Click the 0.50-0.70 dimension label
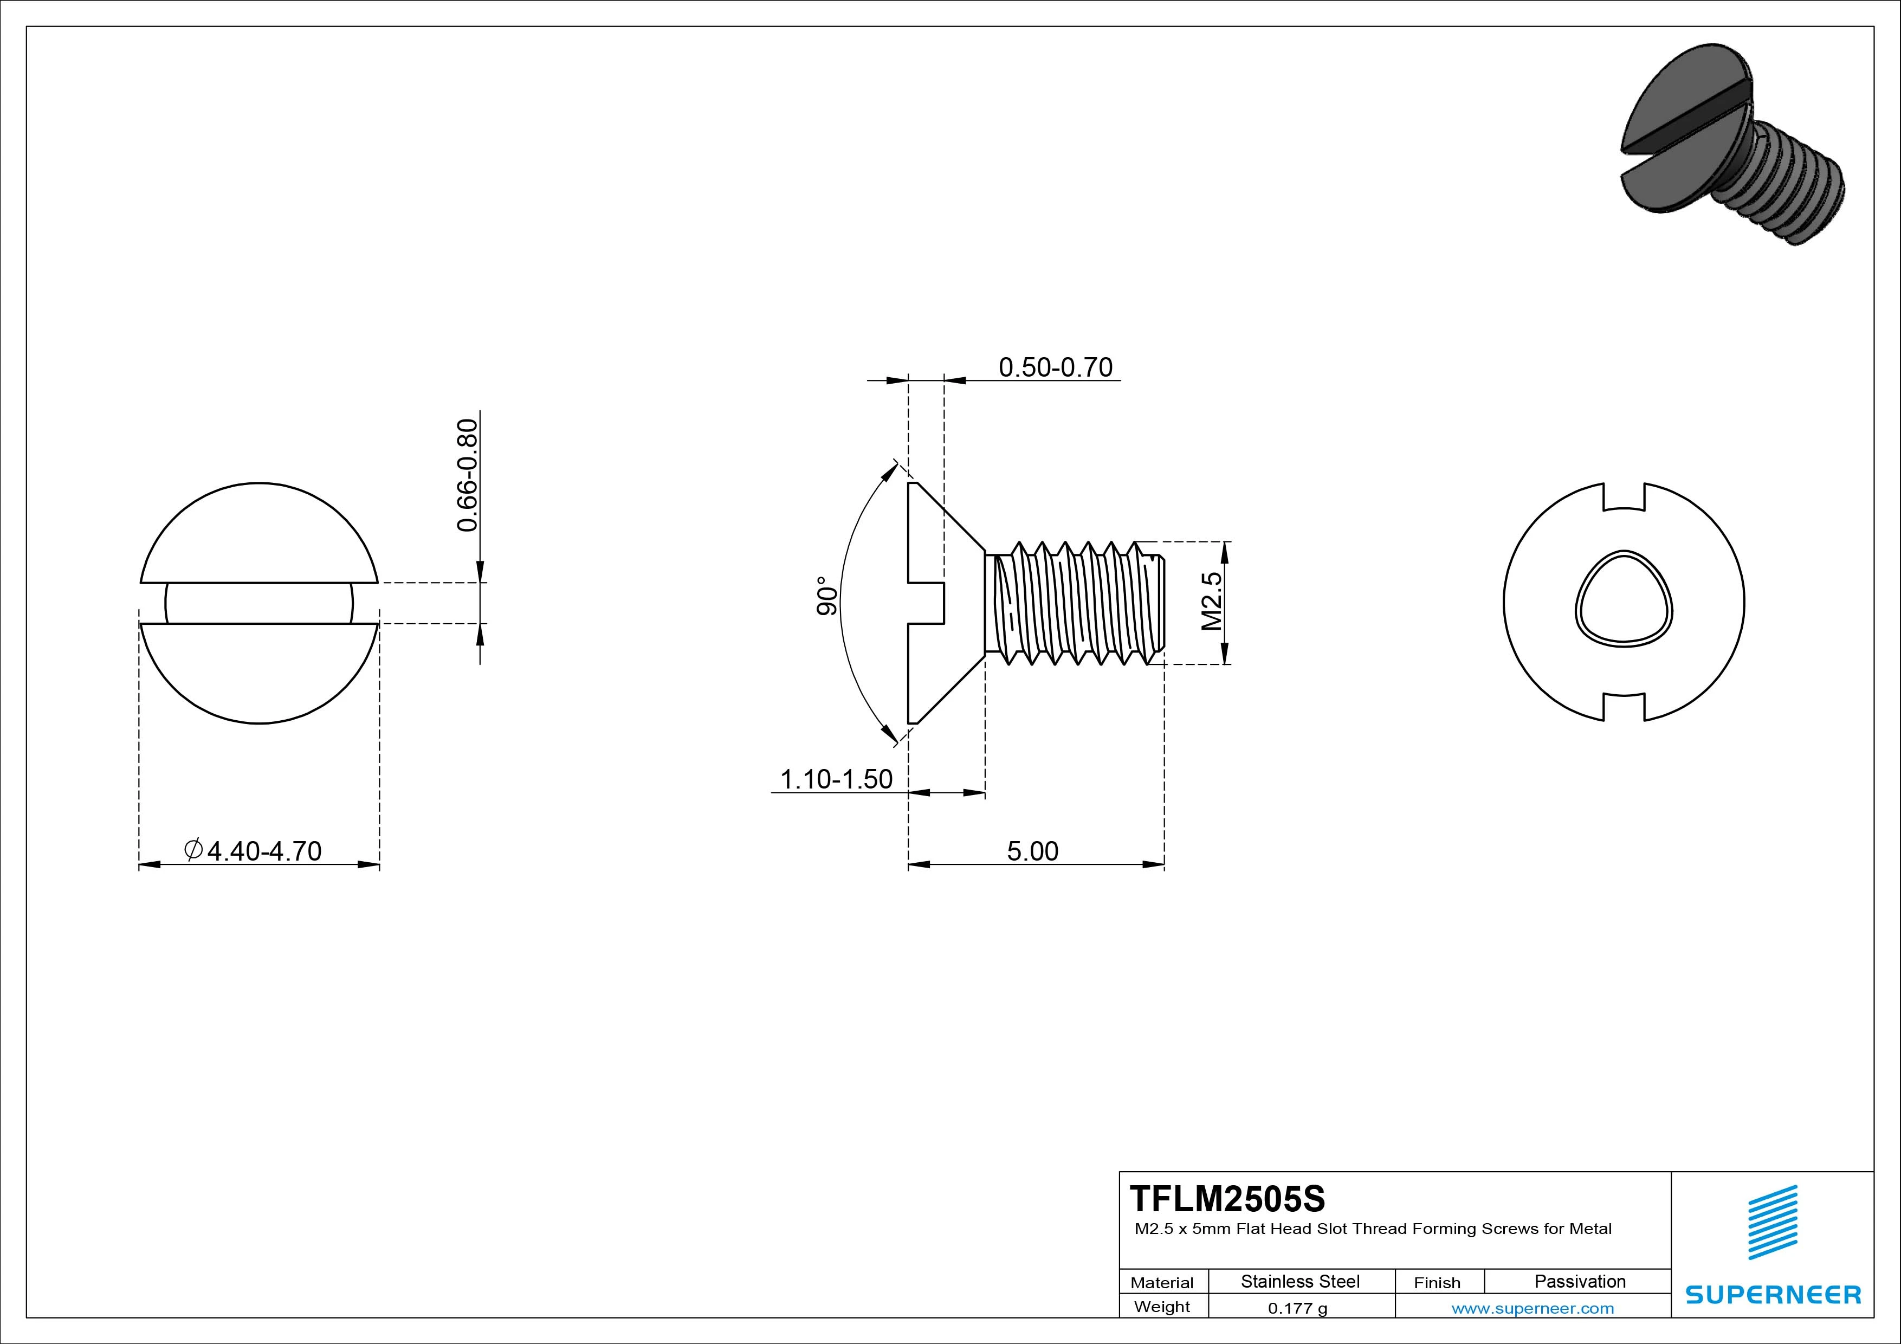(x=1055, y=367)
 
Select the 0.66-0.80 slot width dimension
(x=468, y=475)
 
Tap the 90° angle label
(x=827, y=596)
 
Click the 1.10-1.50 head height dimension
(x=836, y=779)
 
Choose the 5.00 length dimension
(x=1032, y=851)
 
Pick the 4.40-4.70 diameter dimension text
(x=263, y=851)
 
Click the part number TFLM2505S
(x=1227, y=1198)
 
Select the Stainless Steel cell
(x=1300, y=1282)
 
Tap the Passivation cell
(x=1580, y=1282)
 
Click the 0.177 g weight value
(x=1297, y=1308)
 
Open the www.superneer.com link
(x=1533, y=1308)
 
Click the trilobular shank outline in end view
(x=1624, y=598)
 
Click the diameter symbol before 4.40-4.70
(x=193, y=850)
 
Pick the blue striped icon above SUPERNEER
(x=1772, y=1222)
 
